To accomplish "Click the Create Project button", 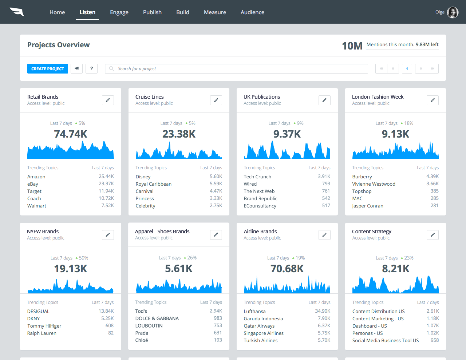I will coord(47,69).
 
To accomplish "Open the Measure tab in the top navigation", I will coord(215,12).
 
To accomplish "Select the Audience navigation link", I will coord(252,12).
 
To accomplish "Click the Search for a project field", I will coord(237,69).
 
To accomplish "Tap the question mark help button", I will coord(91,68).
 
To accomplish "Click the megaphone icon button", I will coord(76,68).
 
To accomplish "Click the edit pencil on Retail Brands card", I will coord(108,100).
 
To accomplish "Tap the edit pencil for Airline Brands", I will coord(324,235).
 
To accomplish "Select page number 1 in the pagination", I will coord(407,69).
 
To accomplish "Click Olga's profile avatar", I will coord(453,12).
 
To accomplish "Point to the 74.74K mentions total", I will coord(71,134).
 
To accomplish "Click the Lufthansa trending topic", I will coord(254,312).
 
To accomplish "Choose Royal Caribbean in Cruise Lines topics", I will coord(153,184).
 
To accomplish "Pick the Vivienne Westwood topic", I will coord(374,184).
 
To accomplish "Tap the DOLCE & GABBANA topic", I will coord(157,319).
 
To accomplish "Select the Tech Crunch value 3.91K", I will coord(324,177).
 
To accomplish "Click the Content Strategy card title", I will coord(371,232).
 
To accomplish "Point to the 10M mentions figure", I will coord(352,46).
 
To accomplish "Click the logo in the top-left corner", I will coord(17,12).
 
